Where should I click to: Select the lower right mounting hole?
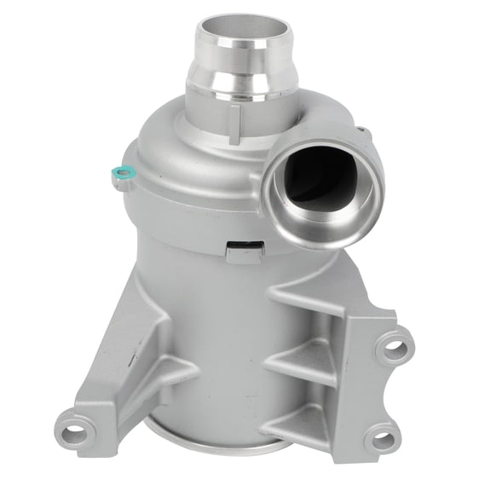click(x=380, y=439)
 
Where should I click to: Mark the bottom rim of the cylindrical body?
click(x=213, y=443)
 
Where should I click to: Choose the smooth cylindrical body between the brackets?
click(x=222, y=341)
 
